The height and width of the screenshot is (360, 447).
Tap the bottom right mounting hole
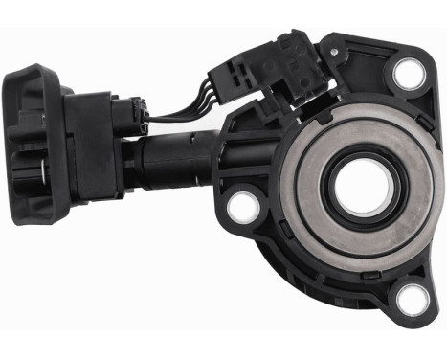click(x=412, y=299)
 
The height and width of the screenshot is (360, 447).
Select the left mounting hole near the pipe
click(x=245, y=204)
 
